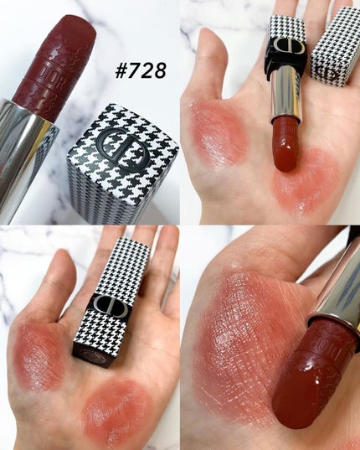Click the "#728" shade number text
pos(141,71)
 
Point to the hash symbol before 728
pos(121,71)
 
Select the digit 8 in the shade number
pos(159,71)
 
